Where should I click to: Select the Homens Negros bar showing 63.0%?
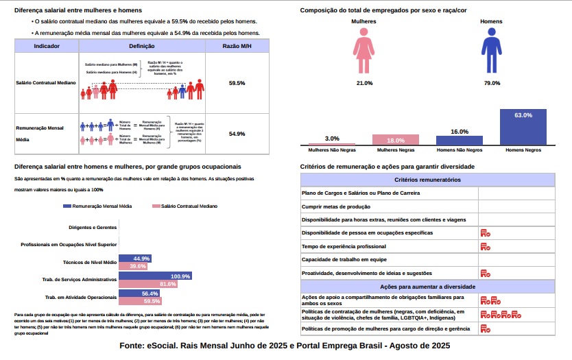click(x=523, y=128)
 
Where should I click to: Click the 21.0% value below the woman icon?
click(x=364, y=83)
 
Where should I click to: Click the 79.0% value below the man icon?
click(x=492, y=83)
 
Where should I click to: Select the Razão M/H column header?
click(x=237, y=45)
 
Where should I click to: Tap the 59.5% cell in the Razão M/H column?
click(x=237, y=83)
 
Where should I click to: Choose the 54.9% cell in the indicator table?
click(x=237, y=133)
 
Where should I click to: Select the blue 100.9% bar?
click(x=155, y=276)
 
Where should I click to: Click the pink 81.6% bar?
click(x=148, y=284)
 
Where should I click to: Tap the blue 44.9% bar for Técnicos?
click(x=135, y=259)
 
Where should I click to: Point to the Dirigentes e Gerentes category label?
click(x=93, y=227)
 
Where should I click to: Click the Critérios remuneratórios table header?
click(x=427, y=180)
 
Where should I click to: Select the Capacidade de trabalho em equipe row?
click(x=389, y=259)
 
